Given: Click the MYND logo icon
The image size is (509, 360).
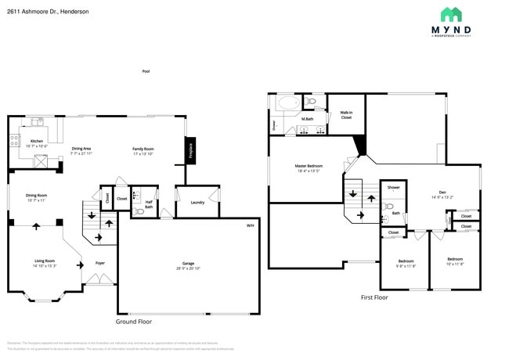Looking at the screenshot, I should (x=450, y=14).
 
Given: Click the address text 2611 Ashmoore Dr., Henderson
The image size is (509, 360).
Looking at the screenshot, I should (x=48, y=12).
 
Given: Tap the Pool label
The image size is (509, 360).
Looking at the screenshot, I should (x=146, y=71).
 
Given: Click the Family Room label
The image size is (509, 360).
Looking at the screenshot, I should (x=143, y=149).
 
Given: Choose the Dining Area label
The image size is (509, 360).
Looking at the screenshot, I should (x=81, y=149).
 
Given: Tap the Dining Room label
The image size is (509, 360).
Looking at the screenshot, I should (x=37, y=196).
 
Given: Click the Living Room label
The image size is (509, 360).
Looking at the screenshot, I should (x=44, y=261).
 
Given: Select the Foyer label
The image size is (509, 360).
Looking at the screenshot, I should (x=100, y=263).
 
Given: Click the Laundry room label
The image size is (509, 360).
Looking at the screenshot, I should (x=197, y=202).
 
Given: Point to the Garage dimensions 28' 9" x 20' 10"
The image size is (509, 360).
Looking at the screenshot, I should (x=188, y=268).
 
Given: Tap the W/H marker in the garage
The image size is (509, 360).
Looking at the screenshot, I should (x=251, y=225).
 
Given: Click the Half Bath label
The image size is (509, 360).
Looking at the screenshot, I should (x=149, y=205).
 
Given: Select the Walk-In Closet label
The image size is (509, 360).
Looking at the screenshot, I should (x=346, y=115).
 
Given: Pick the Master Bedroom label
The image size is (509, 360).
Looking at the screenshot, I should (x=309, y=168).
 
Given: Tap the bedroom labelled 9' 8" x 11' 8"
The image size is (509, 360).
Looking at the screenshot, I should (x=406, y=262).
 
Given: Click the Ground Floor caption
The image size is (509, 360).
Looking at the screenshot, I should (x=134, y=322).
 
